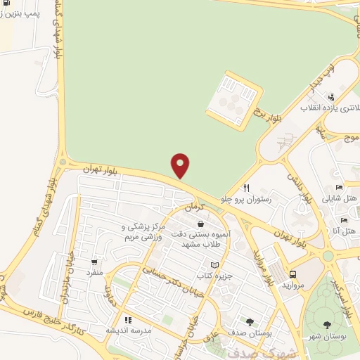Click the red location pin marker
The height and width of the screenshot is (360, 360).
181,165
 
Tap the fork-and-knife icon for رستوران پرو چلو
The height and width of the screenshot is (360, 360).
246,188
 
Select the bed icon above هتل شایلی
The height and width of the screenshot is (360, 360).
339,187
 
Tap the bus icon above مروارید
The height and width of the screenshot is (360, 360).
292,274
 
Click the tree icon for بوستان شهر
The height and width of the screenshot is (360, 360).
328,324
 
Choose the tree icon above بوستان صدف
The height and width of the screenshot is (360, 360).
250,322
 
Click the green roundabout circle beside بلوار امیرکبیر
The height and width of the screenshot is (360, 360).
329,256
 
